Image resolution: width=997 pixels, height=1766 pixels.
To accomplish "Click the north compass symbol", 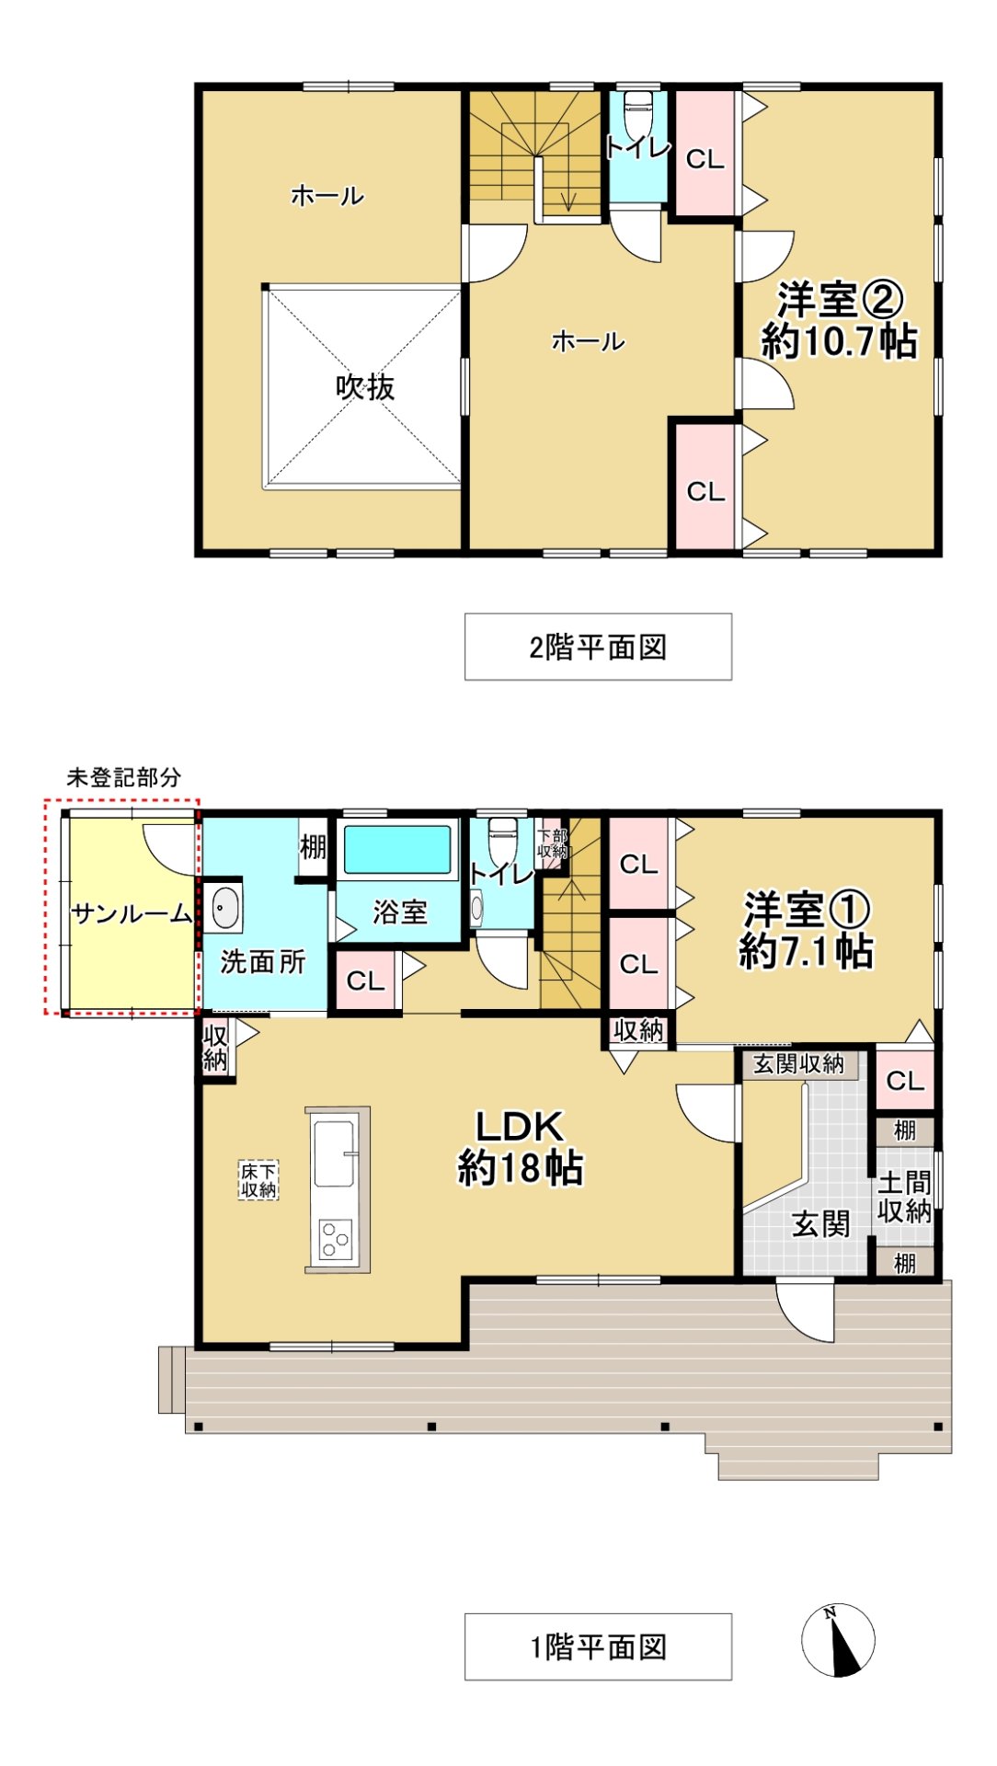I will click(837, 1639).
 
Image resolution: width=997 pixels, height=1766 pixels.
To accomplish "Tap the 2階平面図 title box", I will click(598, 647).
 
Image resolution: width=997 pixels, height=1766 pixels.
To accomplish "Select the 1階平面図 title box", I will click(598, 1646).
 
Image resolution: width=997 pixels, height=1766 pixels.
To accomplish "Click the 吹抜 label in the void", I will click(364, 387).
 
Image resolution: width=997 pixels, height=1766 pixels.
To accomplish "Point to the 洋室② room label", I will click(839, 299).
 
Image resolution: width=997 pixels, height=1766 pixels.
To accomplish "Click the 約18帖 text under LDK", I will click(520, 1168).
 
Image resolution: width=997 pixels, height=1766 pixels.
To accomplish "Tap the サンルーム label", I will click(132, 913).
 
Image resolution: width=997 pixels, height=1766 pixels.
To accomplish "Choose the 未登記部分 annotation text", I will click(123, 777).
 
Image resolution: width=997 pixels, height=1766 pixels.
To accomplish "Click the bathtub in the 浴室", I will click(397, 849).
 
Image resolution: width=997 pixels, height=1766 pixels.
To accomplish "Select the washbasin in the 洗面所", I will click(223, 908).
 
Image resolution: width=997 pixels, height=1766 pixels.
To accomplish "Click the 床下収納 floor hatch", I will click(258, 1180).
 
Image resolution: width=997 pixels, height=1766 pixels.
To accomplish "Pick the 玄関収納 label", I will click(798, 1064).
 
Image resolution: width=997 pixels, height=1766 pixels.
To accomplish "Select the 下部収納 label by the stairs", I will click(553, 843).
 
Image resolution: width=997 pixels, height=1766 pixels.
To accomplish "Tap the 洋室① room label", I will click(807, 911).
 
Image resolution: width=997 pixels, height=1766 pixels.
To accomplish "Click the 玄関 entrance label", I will click(820, 1223).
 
